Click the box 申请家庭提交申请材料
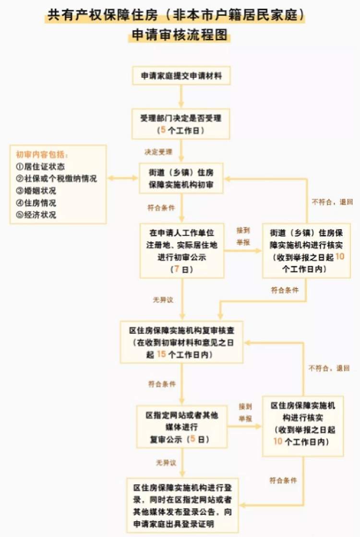[181, 76]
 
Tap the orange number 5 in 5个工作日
[163, 130]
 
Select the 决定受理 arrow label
[158, 152]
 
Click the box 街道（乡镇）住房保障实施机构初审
[181, 178]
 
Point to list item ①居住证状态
[40, 167]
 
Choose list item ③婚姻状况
[36, 190]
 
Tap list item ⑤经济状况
[36, 215]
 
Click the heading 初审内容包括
[42, 155]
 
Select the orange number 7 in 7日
[177, 269]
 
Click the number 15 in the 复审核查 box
[161, 354]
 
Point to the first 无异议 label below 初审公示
[163, 300]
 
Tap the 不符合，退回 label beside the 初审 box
[332, 202]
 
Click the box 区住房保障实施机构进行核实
[303, 426]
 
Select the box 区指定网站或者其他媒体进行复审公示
[182, 427]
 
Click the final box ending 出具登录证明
[182, 505]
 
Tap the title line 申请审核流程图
[180, 35]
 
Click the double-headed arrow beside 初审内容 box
[123, 178]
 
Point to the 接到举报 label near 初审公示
[243, 236]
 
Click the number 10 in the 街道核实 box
[340, 256]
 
